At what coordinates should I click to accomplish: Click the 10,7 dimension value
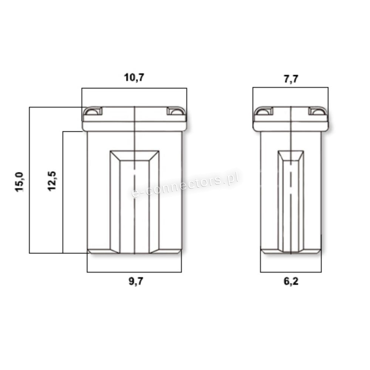[134, 78]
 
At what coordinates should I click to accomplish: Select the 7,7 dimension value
[291, 79]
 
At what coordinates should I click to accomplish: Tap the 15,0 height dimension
[20, 182]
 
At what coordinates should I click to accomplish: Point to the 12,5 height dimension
[52, 181]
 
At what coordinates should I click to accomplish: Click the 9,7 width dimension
[136, 281]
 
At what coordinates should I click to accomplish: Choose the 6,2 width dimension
[291, 281]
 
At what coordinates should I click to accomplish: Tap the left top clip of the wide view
[93, 111]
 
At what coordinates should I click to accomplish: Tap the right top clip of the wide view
[176, 111]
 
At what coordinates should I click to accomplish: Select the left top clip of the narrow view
[264, 111]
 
